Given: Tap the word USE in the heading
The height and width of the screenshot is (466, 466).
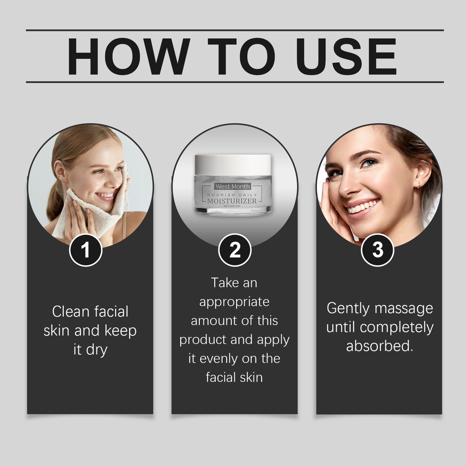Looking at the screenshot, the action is point(346,56).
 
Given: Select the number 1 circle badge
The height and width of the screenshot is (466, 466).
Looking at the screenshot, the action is point(86,250).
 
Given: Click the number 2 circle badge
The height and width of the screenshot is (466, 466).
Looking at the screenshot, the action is point(235,250).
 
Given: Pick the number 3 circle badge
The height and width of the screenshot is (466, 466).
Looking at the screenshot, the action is point(377,250).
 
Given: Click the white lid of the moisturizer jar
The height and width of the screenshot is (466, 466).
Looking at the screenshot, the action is point(233,165).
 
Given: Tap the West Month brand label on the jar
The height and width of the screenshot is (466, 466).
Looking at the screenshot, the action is point(233,186).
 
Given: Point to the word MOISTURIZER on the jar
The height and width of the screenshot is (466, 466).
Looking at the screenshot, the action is point(232,201).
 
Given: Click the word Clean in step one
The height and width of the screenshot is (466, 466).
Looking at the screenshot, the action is point(71,312).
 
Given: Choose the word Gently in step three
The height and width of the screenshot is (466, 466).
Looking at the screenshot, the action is point(348,309).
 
